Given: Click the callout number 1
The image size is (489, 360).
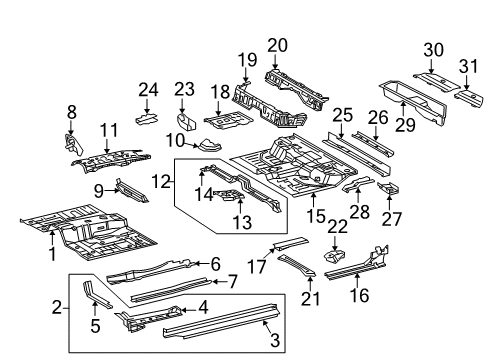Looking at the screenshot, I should pyautogui.click(x=52, y=254).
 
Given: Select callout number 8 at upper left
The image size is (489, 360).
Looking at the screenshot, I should pyautogui.click(x=71, y=110).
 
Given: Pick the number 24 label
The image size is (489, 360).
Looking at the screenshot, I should pyautogui.click(x=148, y=91).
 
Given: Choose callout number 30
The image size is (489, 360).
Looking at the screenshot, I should pyautogui.click(x=433, y=49).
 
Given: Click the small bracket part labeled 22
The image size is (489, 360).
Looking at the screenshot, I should pyautogui.click(x=335, y=256).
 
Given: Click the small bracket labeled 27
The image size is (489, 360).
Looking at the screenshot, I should pyautogui.click(x=388, y=188).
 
